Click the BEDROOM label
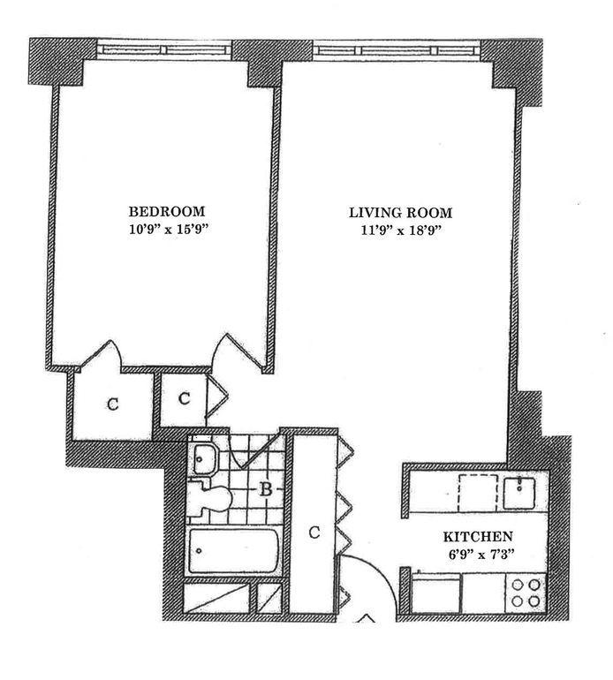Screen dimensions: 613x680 coord(167,212)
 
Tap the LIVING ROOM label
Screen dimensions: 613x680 coord(400,213)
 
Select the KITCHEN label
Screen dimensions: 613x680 coord(478,537)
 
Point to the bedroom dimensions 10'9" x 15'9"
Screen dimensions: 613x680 coord(167,229)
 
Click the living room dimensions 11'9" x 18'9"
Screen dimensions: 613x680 coord(401,230)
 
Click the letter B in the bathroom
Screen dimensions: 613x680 coord(266,489)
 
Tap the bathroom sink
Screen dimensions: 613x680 coord(203,459)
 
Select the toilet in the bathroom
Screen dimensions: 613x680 coord(210,499)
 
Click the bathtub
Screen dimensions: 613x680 coord(233,551)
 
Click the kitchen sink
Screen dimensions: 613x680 coord(518,492)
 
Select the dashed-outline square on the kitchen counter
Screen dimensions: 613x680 coord(478,493)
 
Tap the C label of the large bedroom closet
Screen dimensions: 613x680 coord(113,404)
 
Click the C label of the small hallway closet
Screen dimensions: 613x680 coord(185,398)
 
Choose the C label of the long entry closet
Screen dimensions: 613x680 coord(314,533)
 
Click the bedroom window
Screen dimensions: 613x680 coord(164,49)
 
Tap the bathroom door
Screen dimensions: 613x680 coord(256,452)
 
